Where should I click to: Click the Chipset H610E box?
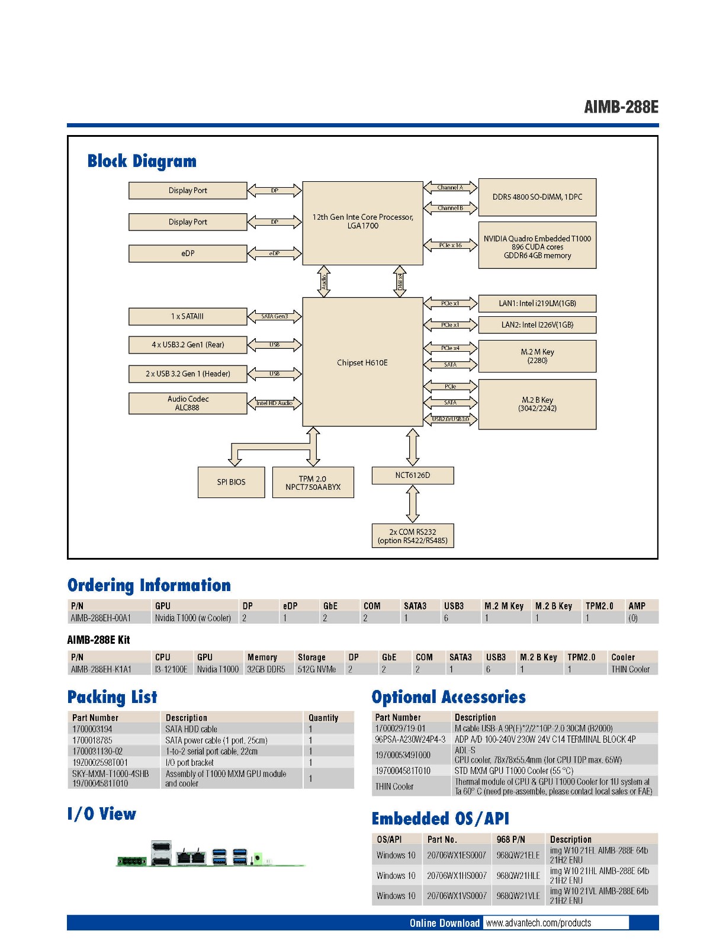(x=362, y=362)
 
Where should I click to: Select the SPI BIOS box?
(x=231, y=482)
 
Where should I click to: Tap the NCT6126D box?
(x=413, y=475)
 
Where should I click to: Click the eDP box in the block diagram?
(x=188, y=253)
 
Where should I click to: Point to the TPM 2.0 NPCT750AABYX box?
(x=313, y=483)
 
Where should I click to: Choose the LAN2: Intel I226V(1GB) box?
(x=537, y=325)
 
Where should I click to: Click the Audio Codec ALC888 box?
(x=188, y=403)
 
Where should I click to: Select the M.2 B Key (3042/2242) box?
(x=537, y=405)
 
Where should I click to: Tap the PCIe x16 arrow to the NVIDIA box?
(x=451, y=245)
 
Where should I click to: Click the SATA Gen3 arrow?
(x=275, y=316)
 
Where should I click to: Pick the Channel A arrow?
(x=451, y=188)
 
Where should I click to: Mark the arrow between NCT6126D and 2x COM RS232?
(x=413, y=504)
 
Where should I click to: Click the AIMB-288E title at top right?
(x=621, y=107)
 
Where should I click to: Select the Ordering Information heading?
(x=149, y=585)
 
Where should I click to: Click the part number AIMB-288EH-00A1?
(x=101, y=618)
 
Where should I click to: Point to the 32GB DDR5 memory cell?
(x=266, y=669)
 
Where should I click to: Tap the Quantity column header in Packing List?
(x=323, y=718)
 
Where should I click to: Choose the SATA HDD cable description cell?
(x=191, y=729)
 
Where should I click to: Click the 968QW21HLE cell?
(x=518, y=875)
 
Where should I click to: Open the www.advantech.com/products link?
(x=538, y=923)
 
